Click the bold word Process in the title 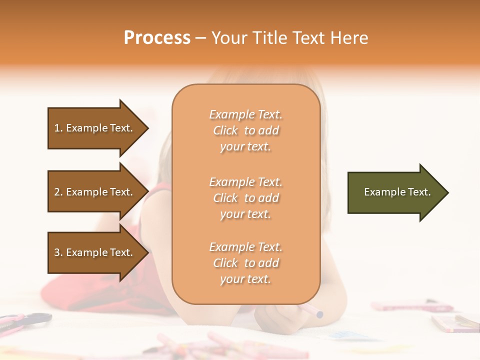(x=157, y=38)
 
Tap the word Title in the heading (x=270, y=38)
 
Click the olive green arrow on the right (x=395, y=192)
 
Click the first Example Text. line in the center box (x=245, y=114)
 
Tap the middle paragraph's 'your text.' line (x=245, y=214)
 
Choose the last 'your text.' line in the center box (x=245, y=279)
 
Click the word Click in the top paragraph (x=225, y=130)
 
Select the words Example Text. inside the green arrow (x=397, y=192)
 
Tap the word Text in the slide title (x=309, y=38)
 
